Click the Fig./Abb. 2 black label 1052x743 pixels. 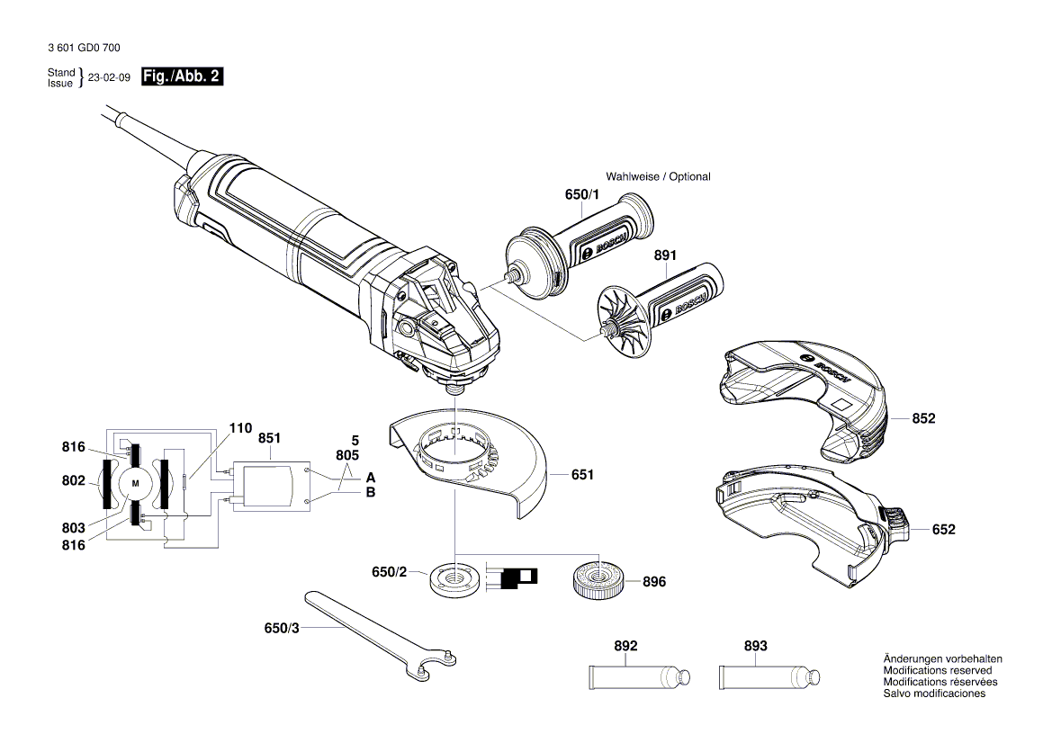(181, 77)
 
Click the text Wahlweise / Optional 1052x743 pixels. (658, 176)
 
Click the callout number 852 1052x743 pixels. (923, 419)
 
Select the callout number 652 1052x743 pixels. (943, 530)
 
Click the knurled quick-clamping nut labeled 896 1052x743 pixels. (596, 580)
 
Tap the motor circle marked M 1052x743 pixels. (136, 484)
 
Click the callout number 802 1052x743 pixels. (73, 481)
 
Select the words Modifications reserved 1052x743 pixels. (938, 671)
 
